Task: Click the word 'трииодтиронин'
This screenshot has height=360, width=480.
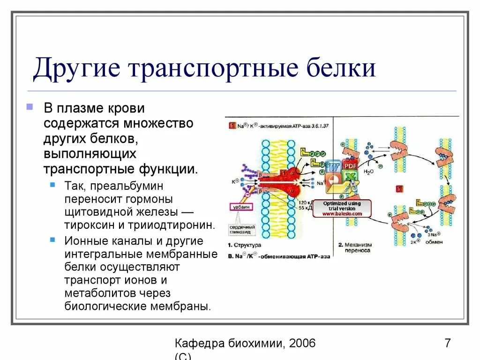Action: pyautogui.click(x=174, y=225)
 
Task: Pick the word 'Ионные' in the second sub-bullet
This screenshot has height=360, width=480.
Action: pyautogui.click(x=84, y=241)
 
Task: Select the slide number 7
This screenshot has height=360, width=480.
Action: pyautogui.click(x=448, y=343)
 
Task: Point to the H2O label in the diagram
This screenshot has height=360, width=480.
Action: pyautogui.click(x=369, y=172)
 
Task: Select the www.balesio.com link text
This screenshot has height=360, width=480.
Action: pyautogui.click(x=342, y=214)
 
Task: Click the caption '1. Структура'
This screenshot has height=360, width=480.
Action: pyautogui.click(x=245, y=245)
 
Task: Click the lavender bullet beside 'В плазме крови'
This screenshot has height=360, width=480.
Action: pyautogui.click(x=30, y=106)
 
